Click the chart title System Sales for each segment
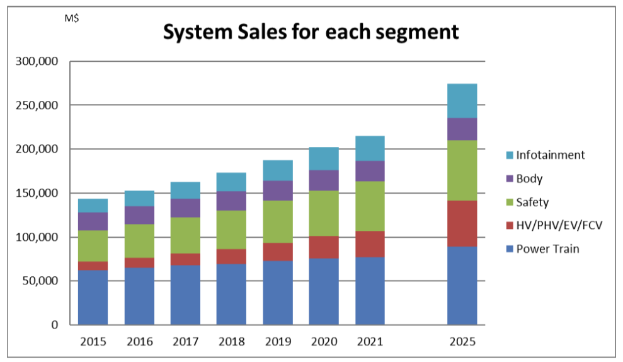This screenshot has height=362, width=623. click(311, 32)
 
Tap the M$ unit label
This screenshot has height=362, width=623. click(72, 18)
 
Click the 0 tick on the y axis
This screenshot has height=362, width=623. click(55, 325)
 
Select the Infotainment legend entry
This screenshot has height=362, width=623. click(550, 155)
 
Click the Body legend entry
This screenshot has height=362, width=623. click(529, 178)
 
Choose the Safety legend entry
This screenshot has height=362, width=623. click(532, 202)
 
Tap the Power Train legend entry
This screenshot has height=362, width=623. click(547, 248)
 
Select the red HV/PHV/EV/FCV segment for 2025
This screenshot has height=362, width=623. click(462, 223)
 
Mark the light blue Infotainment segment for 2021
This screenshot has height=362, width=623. click(369, 148)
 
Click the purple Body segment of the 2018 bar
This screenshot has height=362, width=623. click(231, 201)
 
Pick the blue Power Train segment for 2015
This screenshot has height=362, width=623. click(93, 297)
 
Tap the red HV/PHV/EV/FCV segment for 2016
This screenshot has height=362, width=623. click(139, 262)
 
